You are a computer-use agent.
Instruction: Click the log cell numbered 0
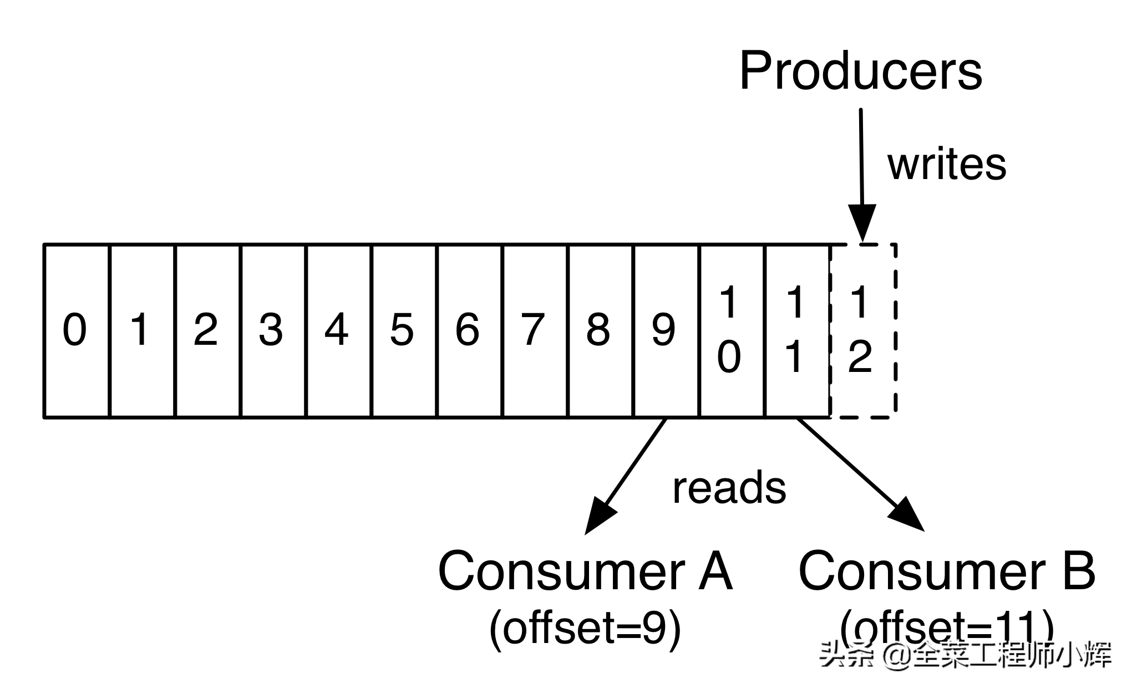(x=76, y=330)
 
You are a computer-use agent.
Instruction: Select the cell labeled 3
(x=272, y=330)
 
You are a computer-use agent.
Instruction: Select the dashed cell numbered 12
(x=862, y=330)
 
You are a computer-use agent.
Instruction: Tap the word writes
(x=947, y=164)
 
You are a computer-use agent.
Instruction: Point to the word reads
(x=729, y=488)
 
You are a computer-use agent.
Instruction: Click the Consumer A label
(x=585, y=571)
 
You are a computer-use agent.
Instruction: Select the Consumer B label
(x=947, y=571)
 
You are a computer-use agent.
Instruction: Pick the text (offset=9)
(x=585, y=629)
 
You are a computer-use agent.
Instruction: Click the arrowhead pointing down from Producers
(x=862, y=222)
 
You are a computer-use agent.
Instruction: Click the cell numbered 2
(x=207, y=330)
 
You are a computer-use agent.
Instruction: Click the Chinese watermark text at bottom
(x=965, y=655)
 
